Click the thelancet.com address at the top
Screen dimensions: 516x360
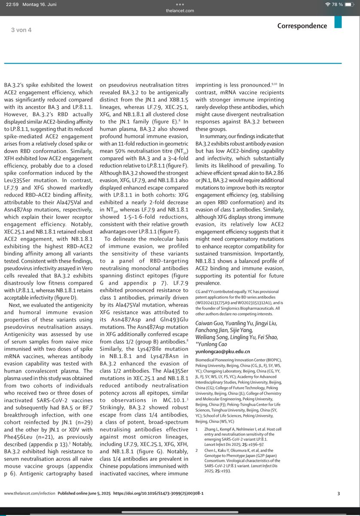coord(180,11)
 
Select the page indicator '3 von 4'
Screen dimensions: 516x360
coord(21,30)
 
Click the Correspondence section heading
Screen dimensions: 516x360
coord(302,26)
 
